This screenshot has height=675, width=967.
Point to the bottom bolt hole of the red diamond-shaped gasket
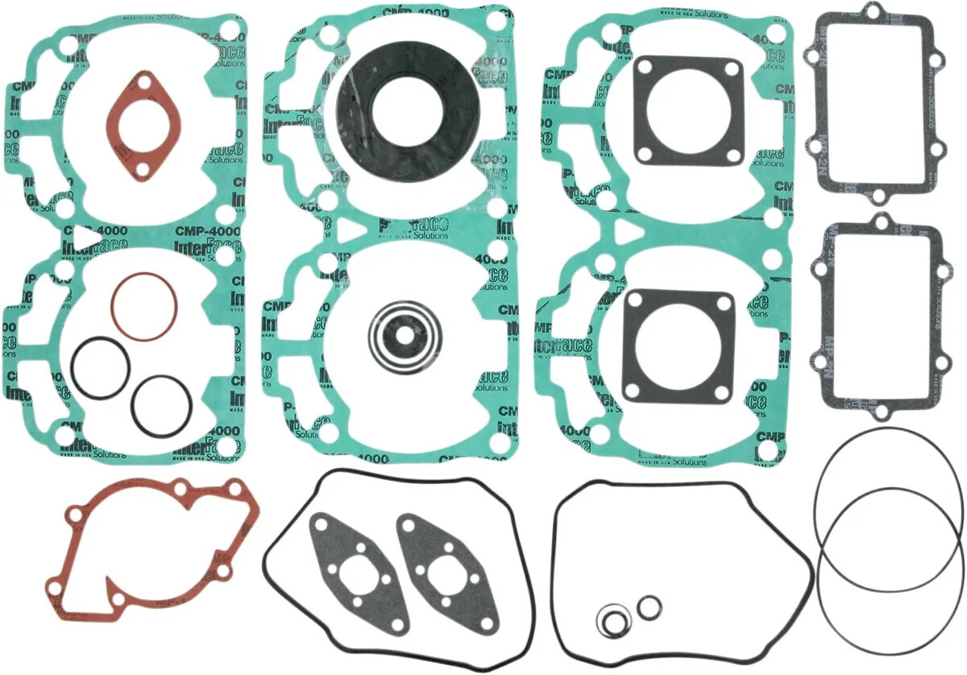pyautogui.click(x=143, y=170)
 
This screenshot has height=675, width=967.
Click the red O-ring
pyautogui.click(x=144, y=306)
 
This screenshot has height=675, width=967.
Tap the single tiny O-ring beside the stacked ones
pyautogui.click(x=648, y=607)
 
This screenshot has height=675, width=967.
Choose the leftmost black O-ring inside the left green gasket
pyautogui.click(x=100, y=366)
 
